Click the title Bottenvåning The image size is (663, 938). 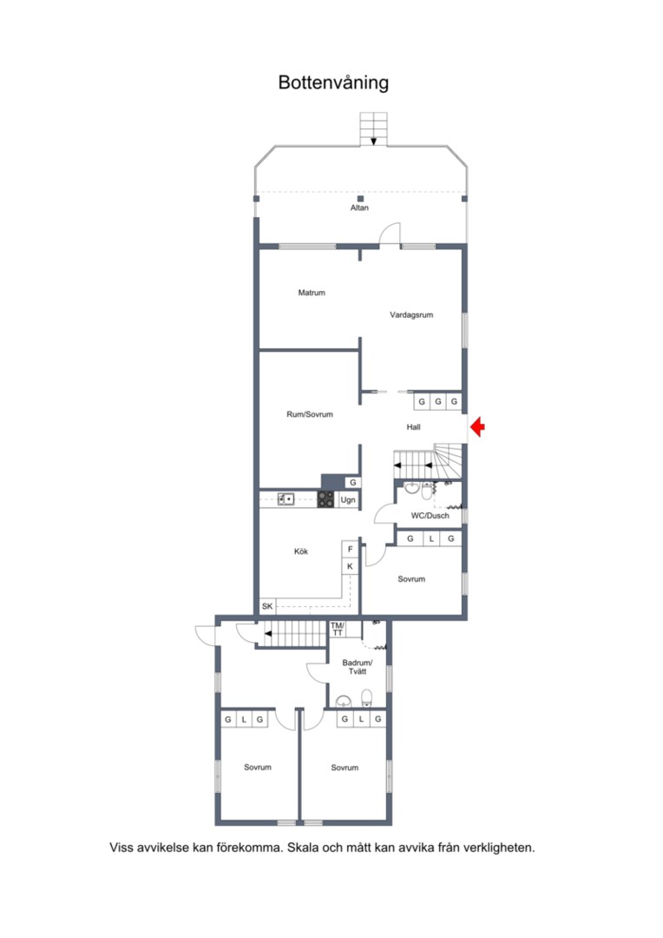(333, 83)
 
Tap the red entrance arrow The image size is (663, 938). (477, 427)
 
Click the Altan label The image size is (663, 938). (359, 208)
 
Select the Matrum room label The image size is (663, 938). (312, 293)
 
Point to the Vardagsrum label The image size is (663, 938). (411, 314)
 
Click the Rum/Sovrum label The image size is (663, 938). (310, 414)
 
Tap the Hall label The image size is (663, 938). (413, 427)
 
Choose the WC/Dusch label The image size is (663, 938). (430, 516)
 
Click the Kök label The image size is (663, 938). (301, 552)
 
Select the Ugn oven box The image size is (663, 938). (348, 499)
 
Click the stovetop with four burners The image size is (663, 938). (325, 499)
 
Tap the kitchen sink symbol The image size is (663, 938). (286, 499)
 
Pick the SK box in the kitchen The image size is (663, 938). (267, 606)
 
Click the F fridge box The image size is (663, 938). (351, 549)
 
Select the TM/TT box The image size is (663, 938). (338, 630)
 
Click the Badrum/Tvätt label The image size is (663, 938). (358, 667)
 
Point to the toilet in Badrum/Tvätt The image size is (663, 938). (366, 698)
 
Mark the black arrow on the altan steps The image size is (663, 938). (374, 142)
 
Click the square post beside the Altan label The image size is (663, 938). (360, 199)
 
